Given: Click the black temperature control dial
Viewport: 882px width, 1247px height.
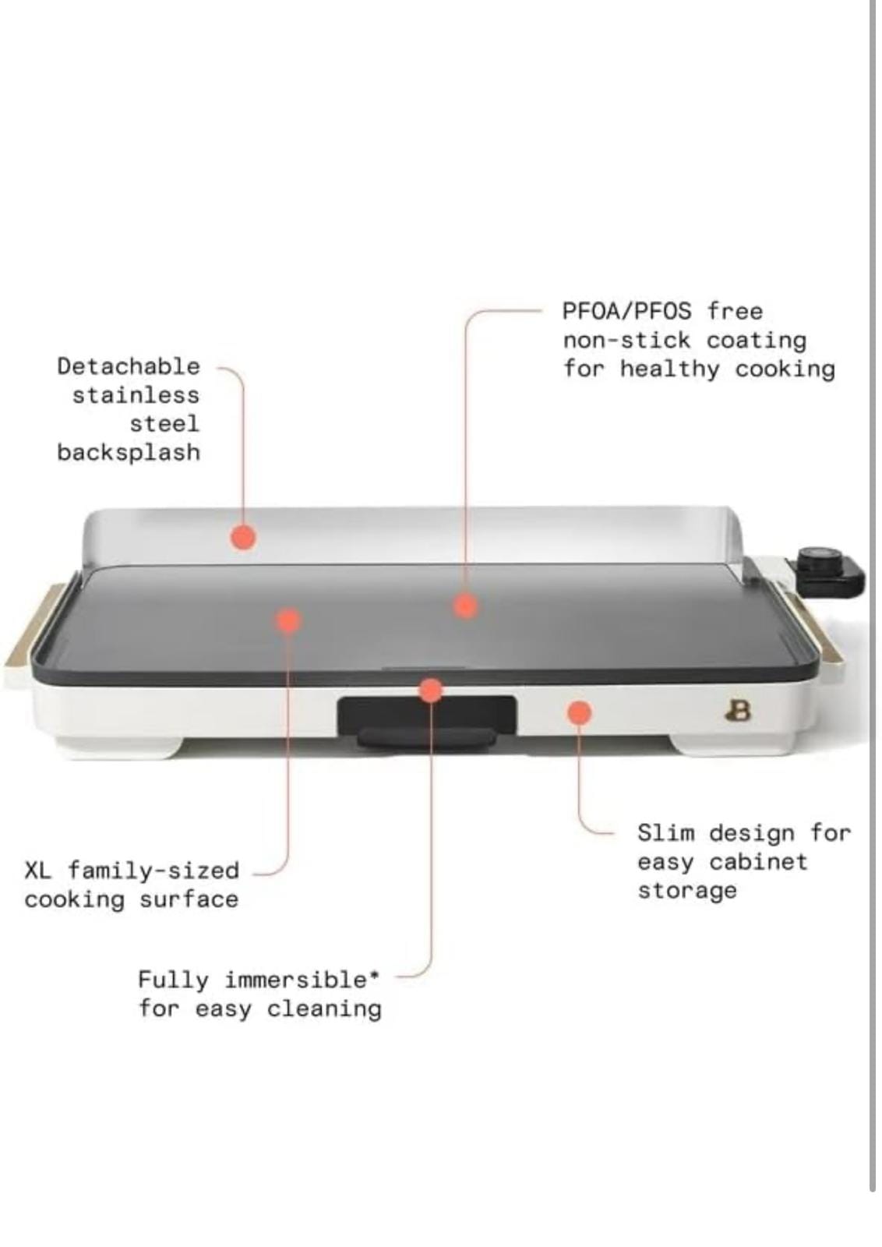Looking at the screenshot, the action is pos(816,561).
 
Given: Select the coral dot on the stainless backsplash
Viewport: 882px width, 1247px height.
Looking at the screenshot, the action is pos(243,537).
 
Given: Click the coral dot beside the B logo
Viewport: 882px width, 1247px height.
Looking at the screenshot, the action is pos(579,712).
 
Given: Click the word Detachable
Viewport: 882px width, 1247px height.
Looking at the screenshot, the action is pos(129,366).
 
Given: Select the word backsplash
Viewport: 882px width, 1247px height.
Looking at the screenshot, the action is pos(129,453).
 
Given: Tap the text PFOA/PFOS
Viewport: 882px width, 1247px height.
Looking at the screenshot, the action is pos(627,311).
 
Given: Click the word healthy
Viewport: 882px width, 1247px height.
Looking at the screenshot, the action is pos(670,369).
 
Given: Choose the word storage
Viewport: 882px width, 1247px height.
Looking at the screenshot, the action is pos(687,892).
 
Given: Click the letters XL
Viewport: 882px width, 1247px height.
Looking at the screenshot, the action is pos(38,870).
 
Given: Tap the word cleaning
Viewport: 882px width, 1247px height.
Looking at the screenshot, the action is pos(324,1009).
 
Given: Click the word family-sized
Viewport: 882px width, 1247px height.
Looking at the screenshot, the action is pos(153,870).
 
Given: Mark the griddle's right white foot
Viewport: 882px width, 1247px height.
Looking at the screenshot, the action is pos(732,746).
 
